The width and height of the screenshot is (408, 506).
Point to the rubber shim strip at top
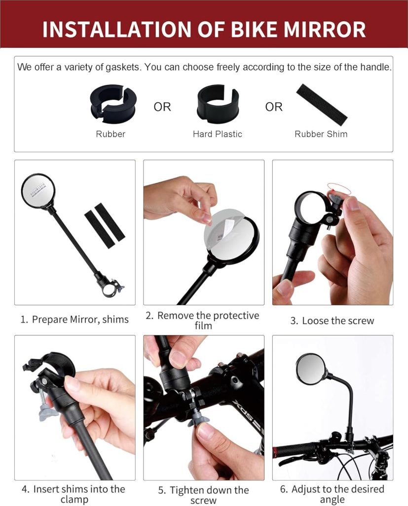(322, 104)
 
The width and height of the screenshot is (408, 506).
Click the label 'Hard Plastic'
(218, 134)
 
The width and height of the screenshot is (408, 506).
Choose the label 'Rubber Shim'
(321, 134)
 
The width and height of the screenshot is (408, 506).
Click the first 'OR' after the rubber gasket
(162, 107)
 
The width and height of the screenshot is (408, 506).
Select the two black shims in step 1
(105, 222)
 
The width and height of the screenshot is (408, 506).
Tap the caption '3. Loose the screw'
(332, 321)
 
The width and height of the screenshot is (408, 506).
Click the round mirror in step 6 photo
(310, 369)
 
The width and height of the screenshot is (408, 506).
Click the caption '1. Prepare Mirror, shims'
(74, 319)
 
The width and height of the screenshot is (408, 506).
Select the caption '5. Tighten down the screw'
(203, 495)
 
